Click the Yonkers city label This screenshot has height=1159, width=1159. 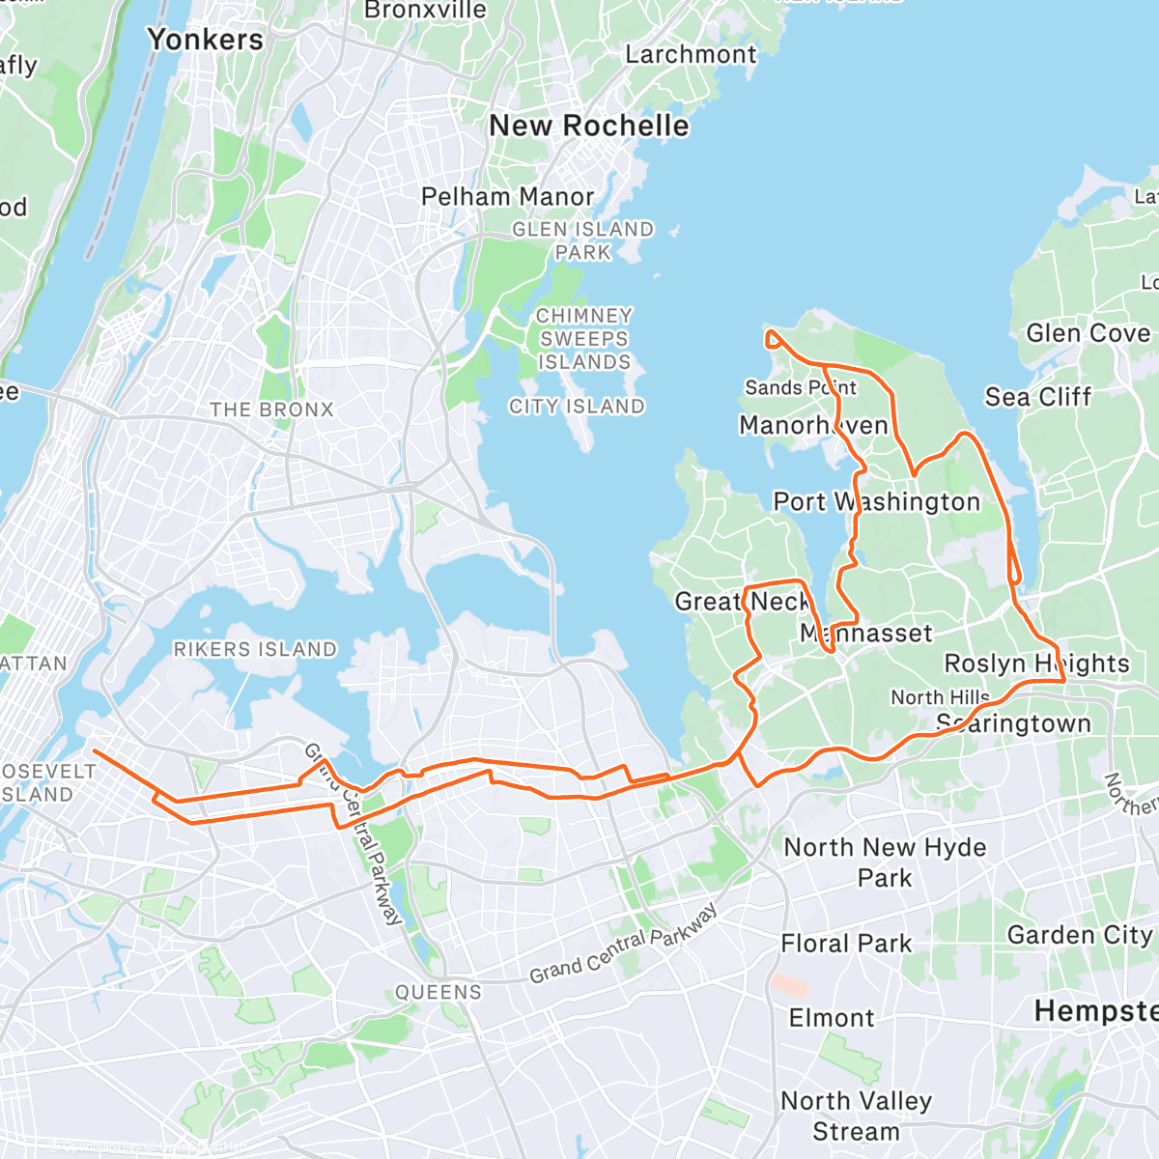tap(205, 40)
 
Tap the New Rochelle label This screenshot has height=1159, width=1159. tap(589, 126)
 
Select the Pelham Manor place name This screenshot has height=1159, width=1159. tap(507, 197)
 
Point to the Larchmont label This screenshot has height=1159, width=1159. tap(691, 55)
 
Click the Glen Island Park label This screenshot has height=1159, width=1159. tap(582, 240)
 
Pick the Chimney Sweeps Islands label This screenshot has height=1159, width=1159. tap(583, 339)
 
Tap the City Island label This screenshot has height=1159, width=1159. tap(577, 407)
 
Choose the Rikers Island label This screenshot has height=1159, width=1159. tap(255, 649)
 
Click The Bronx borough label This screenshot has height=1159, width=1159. tap(271, 410)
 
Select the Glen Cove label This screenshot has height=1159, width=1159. tap(1088, 333)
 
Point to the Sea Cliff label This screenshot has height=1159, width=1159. tap(1037, 397)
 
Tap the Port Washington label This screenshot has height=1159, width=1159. tap(876, 502)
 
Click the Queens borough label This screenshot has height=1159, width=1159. tap(438, 992)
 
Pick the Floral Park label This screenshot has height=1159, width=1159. tap(846, 944)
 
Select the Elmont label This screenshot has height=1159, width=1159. tap(831, 1018)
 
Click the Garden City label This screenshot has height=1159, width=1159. tap(1080, 935)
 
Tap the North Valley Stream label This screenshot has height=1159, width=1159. tap(856, 1116)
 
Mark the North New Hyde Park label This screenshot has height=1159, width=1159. tap(885, 862)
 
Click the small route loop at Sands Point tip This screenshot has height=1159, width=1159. tap(773, 338)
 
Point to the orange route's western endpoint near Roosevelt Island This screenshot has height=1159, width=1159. tap(93, 749)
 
